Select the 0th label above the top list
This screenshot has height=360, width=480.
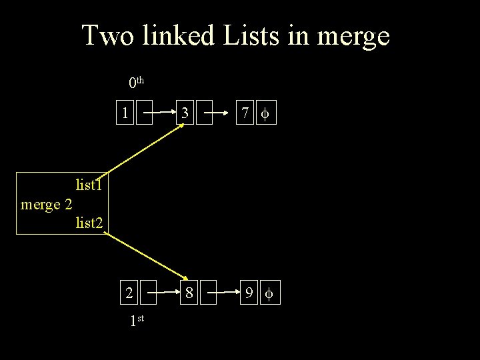coord(136,83)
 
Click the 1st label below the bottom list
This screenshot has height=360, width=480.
coord(137,321)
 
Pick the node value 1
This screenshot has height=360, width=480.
coord(125,113)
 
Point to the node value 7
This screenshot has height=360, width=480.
coord(246,114)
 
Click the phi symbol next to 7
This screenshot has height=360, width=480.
coord(265,114)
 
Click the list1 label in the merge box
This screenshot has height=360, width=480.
coord(89,184)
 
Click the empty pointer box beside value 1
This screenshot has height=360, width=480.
coord(145,114)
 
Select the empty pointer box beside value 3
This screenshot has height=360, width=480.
coord(204,114)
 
